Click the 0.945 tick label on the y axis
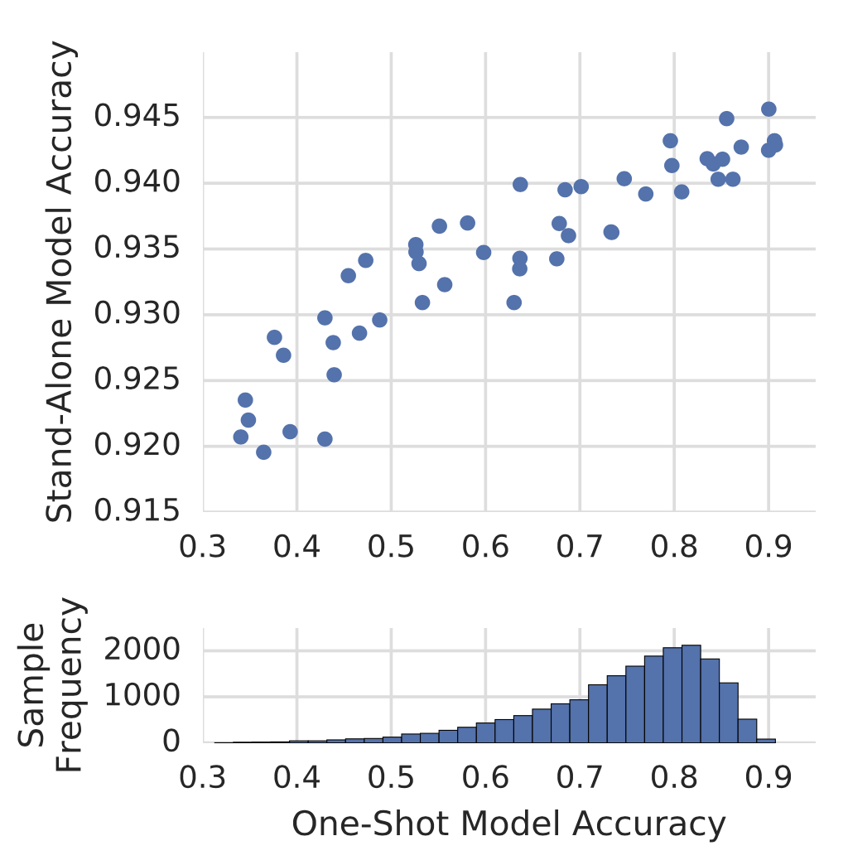137,116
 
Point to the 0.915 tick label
137,511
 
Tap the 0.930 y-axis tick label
137,314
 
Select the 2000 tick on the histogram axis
142,650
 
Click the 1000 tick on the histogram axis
142,696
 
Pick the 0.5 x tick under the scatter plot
391,547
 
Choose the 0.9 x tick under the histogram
768,778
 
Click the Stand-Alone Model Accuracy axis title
59,282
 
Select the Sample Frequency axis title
50,685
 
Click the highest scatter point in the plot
768,109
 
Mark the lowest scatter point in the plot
263,452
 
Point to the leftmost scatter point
241,437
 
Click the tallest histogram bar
691,694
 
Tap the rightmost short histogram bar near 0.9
766,741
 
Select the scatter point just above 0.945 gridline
768,109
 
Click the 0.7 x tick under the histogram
580,778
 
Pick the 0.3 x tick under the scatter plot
202,547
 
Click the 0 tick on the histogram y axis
171,742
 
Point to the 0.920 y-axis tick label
137,445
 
